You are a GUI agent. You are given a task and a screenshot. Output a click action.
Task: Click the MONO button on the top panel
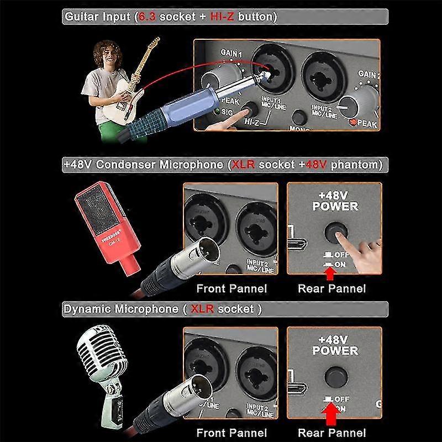(x=299, y=117)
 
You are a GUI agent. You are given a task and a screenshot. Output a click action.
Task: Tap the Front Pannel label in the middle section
(x=231, y=288)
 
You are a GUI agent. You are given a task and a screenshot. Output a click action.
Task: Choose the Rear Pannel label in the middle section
(x=331, y=288)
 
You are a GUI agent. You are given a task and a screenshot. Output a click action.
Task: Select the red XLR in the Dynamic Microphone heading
(x=200, y=309)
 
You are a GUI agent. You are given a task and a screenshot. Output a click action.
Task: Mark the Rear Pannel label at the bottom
(x=331, y=433)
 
